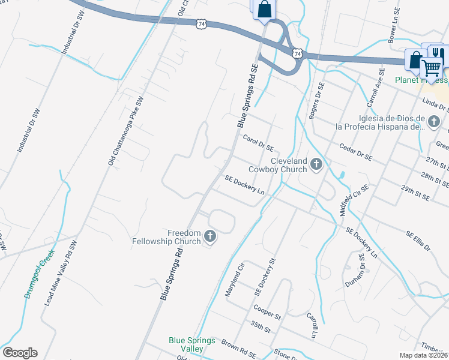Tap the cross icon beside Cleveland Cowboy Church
[x=316, y=165]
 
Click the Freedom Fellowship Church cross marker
[x=210, y=237]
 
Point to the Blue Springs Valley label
[x=192, y=344]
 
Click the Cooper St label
[x=268, y=312]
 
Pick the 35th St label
[x=261, y=328]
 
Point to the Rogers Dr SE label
[x=316, y=101]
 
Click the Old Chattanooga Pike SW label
[x=126, y=130]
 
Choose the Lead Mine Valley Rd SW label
[x=62, y=274]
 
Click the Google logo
[x=20, y=353]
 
